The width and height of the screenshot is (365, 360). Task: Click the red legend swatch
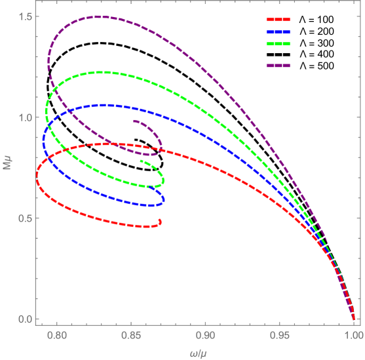click(x=278, y=20)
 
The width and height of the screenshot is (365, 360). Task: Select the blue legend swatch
click(x=278, y=31)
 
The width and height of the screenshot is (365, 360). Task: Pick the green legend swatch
click(x=278, y=43)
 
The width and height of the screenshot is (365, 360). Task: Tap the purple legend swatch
click(x=278, y=65)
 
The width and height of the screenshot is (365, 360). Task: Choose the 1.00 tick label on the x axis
click(x=353, y=334)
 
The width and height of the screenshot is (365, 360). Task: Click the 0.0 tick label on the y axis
click(x=26, y=319)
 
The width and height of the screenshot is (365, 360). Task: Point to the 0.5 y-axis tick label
click(x=26, y=218)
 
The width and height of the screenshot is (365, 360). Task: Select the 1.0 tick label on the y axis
click(x=26, y=117)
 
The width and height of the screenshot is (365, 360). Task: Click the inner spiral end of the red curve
click(x=161, y=221)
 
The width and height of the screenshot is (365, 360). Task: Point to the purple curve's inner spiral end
click(x=134, y=121)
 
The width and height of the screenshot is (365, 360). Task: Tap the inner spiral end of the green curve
click(x=142, y=161)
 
